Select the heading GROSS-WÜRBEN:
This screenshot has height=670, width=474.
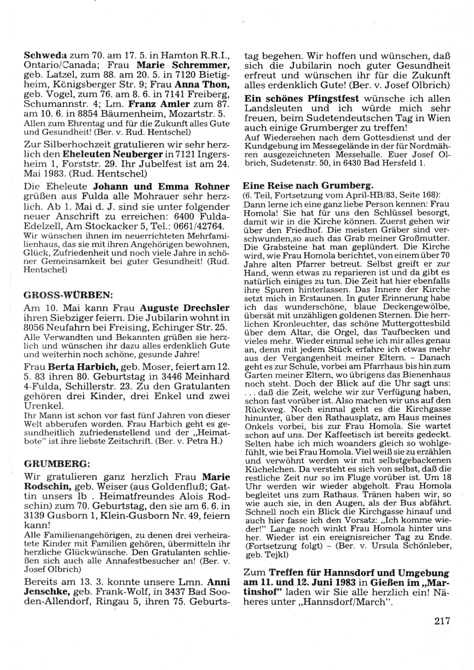click(68, 294)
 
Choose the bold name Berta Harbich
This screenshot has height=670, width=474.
click(82, 367)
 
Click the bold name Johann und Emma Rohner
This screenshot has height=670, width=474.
click(161, 186)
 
